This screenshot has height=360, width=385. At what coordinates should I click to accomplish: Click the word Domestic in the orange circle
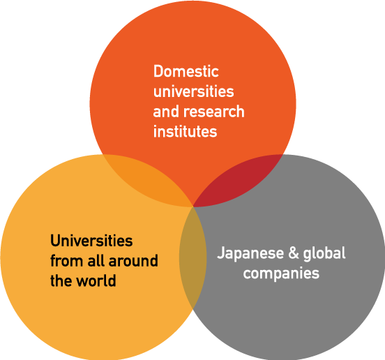186,71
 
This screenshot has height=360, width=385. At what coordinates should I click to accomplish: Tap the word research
214,112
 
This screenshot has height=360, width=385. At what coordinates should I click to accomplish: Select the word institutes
185,131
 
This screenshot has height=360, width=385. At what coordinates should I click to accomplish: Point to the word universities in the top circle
193,91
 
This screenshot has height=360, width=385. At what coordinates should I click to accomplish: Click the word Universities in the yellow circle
91,241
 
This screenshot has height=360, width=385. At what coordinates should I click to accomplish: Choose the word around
133,260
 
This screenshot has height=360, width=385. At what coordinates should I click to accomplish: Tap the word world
96,280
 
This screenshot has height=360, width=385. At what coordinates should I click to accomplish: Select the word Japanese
250,253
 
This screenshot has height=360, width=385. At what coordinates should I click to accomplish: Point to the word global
324,253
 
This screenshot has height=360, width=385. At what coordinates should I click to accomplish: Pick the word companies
281,273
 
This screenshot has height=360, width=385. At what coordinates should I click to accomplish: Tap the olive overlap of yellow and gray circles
193,257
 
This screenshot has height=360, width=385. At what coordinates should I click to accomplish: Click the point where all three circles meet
193,207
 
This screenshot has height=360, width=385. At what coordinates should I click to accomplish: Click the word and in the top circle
167,112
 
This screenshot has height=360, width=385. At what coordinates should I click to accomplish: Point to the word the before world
61,280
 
